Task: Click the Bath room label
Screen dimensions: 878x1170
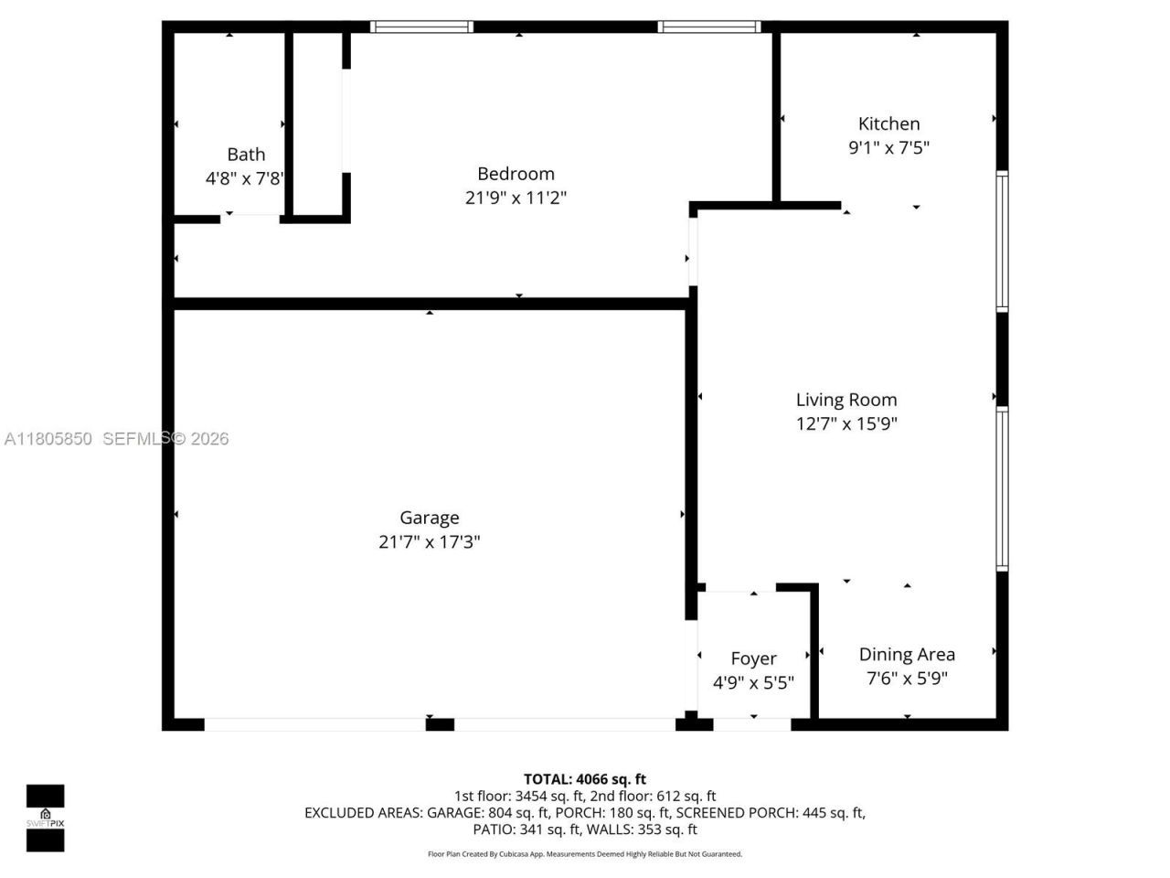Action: (x=246, y=155)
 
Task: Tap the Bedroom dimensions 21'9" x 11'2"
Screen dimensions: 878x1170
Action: (x=516, y=198)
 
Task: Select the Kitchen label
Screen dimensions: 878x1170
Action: (x=888, y=123)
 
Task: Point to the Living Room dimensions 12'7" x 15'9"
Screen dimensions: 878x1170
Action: (x=846, y=423)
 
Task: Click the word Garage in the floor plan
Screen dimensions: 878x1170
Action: (x=429, y=518)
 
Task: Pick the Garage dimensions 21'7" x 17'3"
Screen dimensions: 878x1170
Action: (x=429, y=541)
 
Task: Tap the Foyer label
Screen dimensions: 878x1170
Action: (x=753, y=658)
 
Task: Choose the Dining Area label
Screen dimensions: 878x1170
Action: (x=907, y=654)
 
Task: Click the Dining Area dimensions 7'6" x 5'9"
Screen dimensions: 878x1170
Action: (x=907, y=679)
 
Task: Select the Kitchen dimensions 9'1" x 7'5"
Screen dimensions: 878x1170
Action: (x=888, y=147)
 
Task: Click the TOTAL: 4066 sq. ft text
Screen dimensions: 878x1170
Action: (x=584, y=779)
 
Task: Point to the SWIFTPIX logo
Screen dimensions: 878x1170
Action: (x=45, y=818)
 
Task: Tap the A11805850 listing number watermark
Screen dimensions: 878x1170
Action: (x=48, y=439)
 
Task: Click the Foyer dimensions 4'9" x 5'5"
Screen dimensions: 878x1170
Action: (x=753, y=682)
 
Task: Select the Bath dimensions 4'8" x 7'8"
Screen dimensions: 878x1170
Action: (x=245, y=178)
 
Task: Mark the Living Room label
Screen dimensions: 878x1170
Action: (x=846, y=400)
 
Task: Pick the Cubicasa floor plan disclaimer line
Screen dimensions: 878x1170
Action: (x=585, y=854)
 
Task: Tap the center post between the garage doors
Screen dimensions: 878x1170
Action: (x=440, y=724)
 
